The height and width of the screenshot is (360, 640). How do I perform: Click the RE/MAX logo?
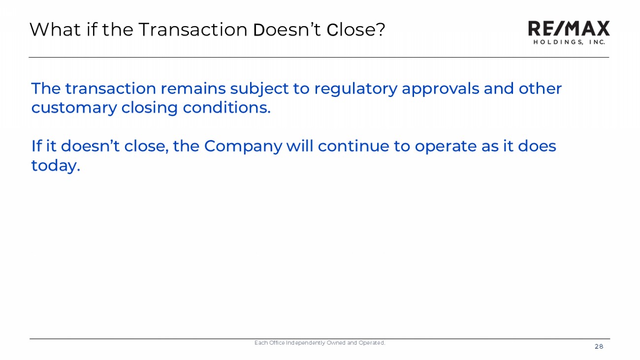tap(569, 33)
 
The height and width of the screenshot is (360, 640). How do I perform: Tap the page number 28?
tap(599, 347)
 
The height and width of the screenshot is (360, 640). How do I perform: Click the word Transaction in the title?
tap(193, 30)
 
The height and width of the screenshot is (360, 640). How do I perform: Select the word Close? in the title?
tap(356, 30)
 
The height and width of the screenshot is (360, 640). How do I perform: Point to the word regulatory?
tap(356, 90)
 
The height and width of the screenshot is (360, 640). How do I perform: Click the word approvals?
tap(440, 90)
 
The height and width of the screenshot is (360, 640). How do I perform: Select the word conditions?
tap(226, 108)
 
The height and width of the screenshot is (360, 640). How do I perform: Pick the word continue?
tap(353, 146)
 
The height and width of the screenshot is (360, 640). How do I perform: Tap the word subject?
tap(259, 90)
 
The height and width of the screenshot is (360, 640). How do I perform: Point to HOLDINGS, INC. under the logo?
tap(569, 42)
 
